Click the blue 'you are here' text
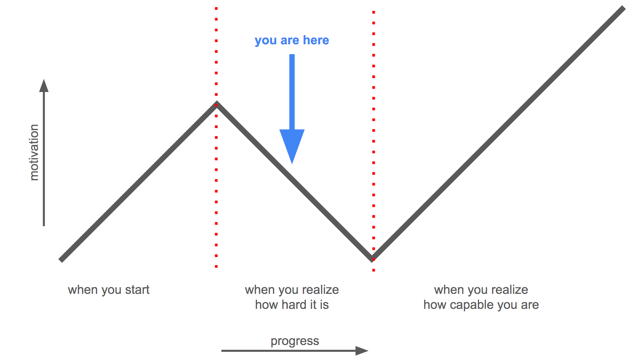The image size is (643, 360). point(292,40)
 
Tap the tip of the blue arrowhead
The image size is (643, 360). point(292,163)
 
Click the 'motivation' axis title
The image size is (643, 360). point(34,152)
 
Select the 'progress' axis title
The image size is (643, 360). point(295,341)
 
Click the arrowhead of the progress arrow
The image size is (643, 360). point(362,350)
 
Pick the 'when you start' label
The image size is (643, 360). point(108,290)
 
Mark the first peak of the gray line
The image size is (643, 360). point(216,103)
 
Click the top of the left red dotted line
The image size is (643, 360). point(216,9)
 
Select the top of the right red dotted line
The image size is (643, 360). point(374,12)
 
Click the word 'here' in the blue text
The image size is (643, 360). point(316,40)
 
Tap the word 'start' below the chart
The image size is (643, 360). point(137,290)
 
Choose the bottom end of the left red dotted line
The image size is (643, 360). point(216,267)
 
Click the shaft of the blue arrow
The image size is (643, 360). point(292,92)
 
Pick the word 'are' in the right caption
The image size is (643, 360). point(530,305)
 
